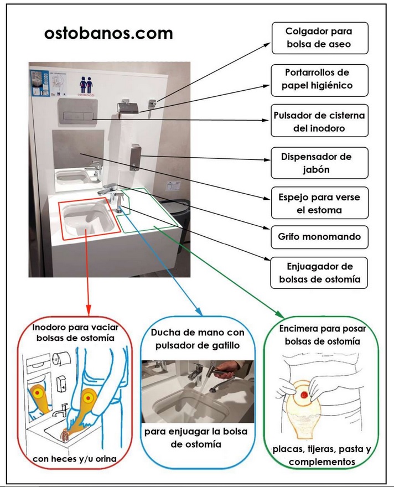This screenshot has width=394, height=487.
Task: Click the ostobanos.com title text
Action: coord(108,33)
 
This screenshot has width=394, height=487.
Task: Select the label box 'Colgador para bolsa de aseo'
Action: coord(319,38)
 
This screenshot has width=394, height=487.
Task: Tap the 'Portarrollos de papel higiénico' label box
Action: coord(319,79)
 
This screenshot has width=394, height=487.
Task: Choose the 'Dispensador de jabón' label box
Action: coord(319,163)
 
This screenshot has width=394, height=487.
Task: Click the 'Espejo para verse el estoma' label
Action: coord(319,203)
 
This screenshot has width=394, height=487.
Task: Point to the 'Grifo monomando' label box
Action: coord(319,237)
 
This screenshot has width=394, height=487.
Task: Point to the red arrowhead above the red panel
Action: coord(89,308)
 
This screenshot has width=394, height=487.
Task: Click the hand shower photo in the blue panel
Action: coord(198,392)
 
